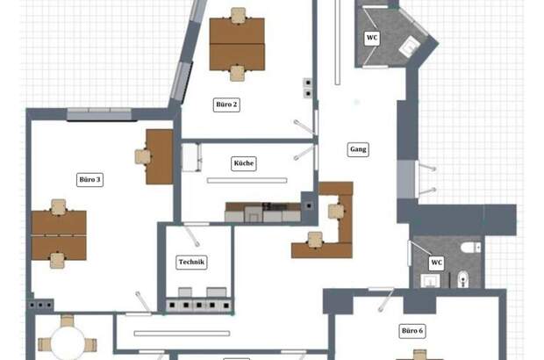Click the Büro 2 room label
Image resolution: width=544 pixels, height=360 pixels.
point(226,104)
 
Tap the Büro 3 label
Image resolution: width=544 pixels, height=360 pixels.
point(89,179)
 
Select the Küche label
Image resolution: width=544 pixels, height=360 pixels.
point(244,163)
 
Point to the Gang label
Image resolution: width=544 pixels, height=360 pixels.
point(358,149)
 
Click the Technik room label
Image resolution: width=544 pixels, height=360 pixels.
point(191,263)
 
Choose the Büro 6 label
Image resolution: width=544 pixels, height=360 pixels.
point(412,331)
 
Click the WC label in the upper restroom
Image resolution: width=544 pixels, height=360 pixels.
point(372,38)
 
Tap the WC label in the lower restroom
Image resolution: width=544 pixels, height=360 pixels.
point(436,263)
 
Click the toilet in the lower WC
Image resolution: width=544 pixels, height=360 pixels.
point(470,248)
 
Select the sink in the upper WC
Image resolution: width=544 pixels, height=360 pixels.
point(410,47)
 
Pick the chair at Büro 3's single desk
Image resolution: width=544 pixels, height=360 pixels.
point(143,156)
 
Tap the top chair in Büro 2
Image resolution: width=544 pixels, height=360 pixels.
point(239,15)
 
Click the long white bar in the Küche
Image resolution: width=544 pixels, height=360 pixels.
point(247,181)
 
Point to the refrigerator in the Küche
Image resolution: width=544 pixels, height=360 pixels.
point(191,157)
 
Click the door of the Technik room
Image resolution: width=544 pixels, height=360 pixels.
point(191,235)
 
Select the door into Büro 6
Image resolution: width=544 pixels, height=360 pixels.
point(385,299)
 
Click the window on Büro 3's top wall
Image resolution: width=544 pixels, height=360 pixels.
point(99,114)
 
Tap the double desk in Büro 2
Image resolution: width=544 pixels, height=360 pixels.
point(237,44)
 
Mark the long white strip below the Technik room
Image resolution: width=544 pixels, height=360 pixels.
point(182,334)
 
